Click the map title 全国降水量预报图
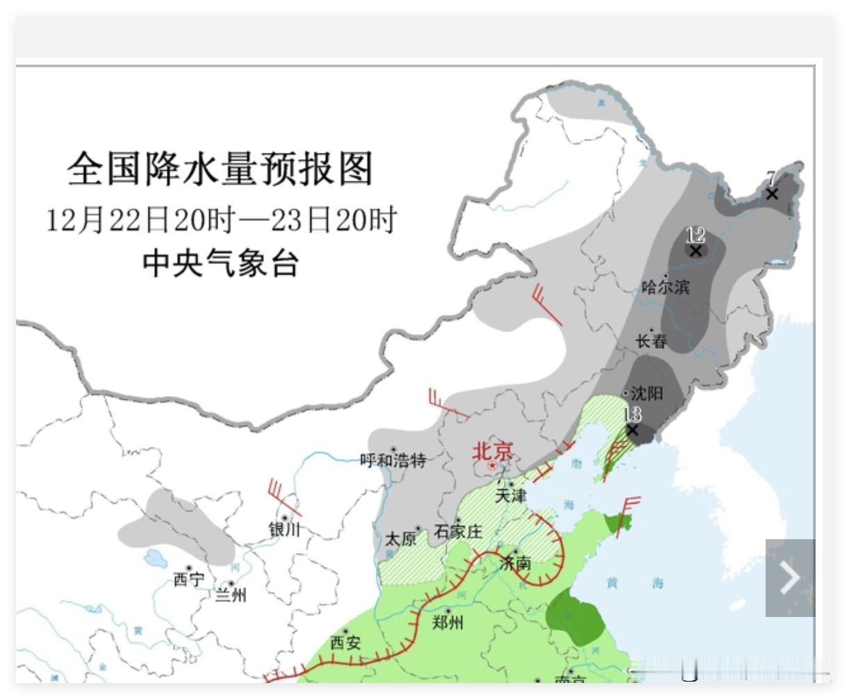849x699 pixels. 220,169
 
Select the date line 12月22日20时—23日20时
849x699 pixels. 221,220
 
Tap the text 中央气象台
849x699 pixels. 221,264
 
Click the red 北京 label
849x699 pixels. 493,452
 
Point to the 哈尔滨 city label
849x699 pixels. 666,287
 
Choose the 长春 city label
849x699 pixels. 652,341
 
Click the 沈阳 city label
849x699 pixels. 646,393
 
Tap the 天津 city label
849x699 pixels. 511,495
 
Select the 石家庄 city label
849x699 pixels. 458,532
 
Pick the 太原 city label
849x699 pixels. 401,539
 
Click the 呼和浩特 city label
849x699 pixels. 393,460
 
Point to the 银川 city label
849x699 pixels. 285,529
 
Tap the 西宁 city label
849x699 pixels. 189,579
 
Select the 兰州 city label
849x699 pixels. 230,595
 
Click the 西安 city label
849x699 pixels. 345,643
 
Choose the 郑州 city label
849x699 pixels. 447,622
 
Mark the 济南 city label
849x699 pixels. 516,563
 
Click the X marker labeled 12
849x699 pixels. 695,251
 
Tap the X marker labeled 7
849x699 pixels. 772,194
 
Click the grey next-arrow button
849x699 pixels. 790,577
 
